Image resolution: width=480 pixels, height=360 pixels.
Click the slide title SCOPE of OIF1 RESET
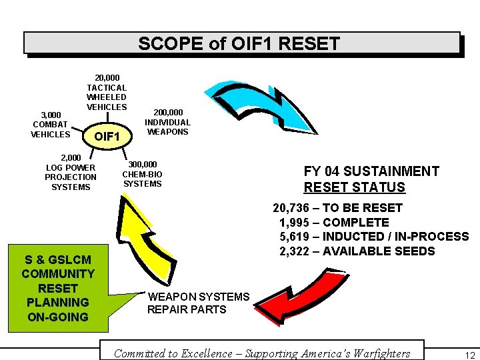coord(239,44)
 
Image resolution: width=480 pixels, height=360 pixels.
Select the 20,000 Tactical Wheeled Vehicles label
coord(107,93)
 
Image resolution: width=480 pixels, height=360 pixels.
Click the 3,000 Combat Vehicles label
coord(50,125)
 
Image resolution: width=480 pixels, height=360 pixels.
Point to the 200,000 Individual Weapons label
coord(168,122)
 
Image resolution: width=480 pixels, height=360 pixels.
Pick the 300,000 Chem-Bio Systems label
coord(143,174)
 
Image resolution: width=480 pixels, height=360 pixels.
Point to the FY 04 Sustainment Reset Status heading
coord(371,179)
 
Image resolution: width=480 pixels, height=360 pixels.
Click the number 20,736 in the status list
coord(291,208)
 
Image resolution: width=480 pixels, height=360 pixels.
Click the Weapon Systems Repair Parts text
coord(198,303)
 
